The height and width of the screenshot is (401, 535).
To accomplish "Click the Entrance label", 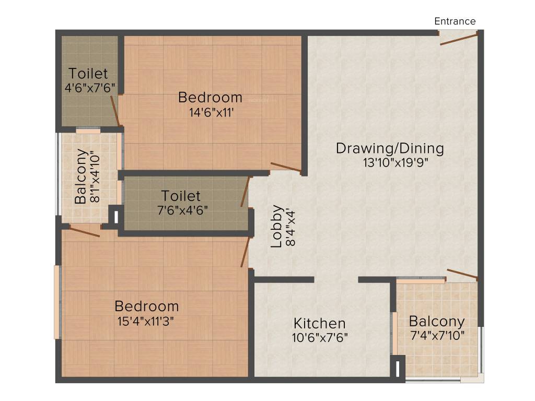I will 455,21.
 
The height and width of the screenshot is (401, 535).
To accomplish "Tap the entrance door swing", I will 459,39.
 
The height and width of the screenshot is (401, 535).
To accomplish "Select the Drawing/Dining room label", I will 390,148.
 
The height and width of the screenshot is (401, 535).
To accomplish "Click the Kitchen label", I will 319,323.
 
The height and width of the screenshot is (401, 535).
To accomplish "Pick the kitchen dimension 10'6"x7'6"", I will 320,337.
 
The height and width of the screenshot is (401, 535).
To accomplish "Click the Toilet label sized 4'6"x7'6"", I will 88,73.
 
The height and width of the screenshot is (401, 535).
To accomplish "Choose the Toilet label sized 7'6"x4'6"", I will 181,196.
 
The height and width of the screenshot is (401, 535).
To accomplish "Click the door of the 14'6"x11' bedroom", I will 285,167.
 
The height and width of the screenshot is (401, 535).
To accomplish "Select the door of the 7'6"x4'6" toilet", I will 243,192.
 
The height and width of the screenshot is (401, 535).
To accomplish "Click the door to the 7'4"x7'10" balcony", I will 462,274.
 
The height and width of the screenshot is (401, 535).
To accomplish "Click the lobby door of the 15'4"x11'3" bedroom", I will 244,253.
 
